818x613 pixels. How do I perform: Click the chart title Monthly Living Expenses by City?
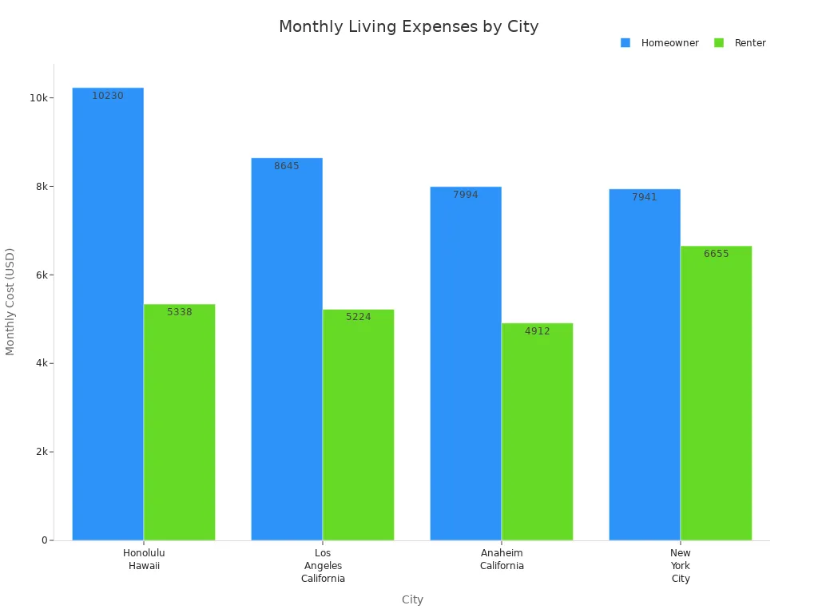pos(408,27)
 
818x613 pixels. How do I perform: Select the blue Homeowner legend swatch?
pos(625,43)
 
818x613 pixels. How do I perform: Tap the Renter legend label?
pos(749,43)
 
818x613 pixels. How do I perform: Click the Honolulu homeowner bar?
pos(108,319)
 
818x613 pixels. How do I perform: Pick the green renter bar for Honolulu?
pos(179,423)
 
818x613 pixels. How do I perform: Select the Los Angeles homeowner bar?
pos(287,351)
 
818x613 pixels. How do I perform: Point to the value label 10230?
pos(108,96)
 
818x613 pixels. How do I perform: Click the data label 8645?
pos(287,166)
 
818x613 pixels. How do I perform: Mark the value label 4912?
pos(537,331)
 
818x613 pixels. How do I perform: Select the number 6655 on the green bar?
pos(716,254)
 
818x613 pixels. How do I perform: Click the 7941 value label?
pos(644,197)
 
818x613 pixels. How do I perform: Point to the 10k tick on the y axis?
pos(38,98)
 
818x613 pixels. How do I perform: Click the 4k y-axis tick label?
pos(42,363)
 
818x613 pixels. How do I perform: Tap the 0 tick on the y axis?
pos(45,540)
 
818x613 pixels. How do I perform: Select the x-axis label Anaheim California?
pos(502,560)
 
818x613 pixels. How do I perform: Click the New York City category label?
pos(681,566)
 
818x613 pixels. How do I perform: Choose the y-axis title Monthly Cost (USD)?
pos(10,302)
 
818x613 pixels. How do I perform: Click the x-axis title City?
pos(412,599)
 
